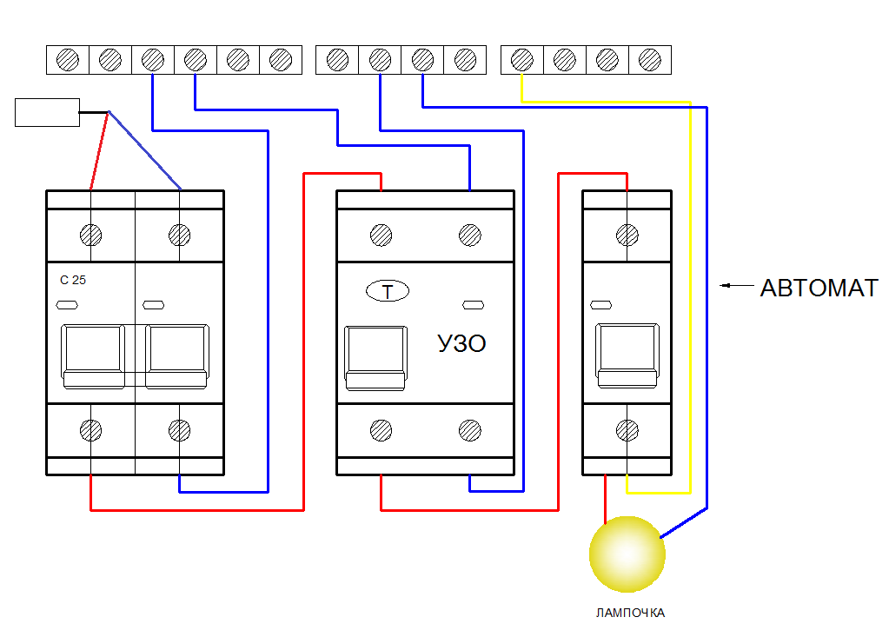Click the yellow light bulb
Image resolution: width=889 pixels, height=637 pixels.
(627, 554)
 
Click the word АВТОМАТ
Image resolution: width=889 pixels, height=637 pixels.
(819, 288)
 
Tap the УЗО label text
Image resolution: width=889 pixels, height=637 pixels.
(461, 343)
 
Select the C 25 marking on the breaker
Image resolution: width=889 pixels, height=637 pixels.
(73, 280)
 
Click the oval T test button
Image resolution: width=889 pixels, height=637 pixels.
(388, 291)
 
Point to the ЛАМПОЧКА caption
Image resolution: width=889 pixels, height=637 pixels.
(630, 614)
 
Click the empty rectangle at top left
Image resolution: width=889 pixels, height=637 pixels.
(47, 112)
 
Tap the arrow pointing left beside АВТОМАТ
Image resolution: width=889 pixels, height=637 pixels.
(737, 286)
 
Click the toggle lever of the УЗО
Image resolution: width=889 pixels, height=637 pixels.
(375, 358)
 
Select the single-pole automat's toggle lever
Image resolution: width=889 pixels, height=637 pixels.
(627, 356)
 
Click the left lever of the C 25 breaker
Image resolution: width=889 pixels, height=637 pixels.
(93, 356)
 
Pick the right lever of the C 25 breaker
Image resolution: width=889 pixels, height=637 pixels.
(177, 356)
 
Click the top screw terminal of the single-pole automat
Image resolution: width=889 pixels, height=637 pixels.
(627, 236)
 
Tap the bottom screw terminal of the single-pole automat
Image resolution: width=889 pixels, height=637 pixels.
(627, 431)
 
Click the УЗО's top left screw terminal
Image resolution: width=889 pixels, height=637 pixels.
(381, 236)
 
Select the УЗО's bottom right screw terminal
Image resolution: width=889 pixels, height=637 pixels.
(470, 431)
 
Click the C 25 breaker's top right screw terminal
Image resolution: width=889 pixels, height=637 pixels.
(180, 236)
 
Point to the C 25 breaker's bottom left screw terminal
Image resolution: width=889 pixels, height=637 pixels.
(90, 431)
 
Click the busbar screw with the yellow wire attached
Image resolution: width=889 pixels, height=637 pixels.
(522, 59)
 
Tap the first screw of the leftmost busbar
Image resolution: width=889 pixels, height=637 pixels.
(68, 59)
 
